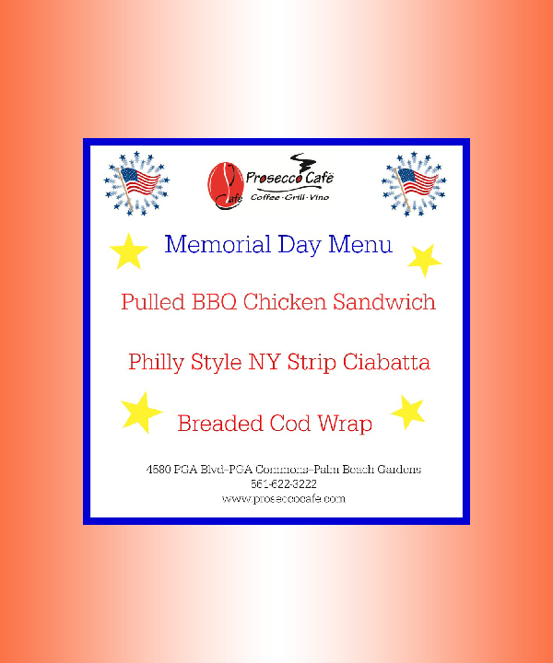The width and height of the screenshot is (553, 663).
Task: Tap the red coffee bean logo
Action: coord(221,181)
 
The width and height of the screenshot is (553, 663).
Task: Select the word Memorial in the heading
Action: coord(218,245)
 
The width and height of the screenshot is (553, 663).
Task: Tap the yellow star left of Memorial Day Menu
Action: coord(129,250)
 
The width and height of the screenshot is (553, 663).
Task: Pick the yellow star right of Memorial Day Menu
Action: coord(424,261)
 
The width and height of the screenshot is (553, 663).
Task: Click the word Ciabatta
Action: coord(387,363)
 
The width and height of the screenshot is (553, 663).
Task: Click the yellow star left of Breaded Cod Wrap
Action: coord(140,413)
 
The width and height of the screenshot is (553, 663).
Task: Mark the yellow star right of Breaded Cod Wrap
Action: coord(407,413)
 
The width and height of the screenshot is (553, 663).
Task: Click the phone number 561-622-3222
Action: coord(284,483)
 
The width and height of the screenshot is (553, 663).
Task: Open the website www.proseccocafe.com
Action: coord(284,498)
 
